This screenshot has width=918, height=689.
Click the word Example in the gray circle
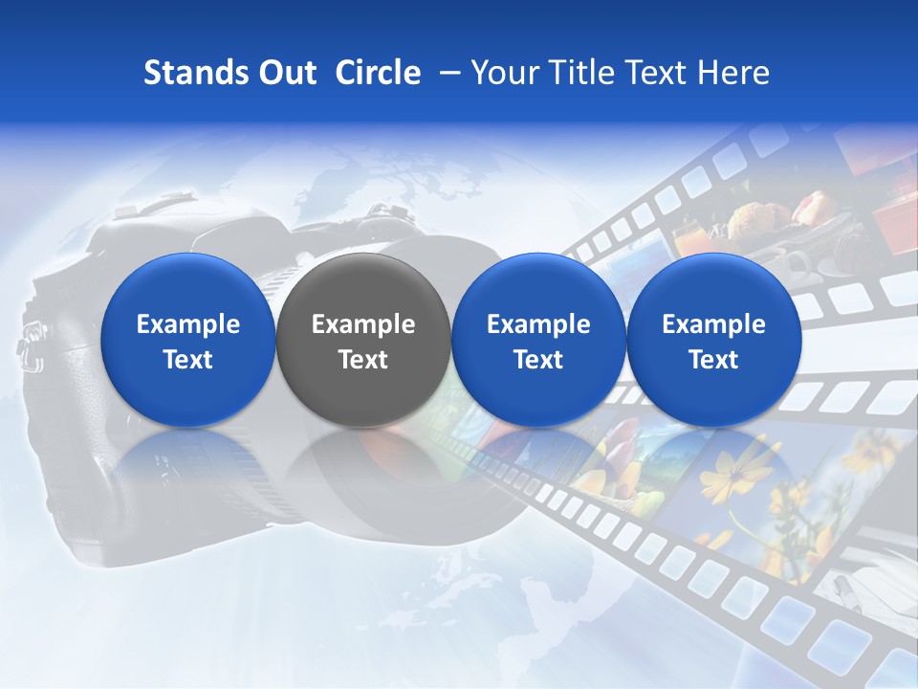point(363,324)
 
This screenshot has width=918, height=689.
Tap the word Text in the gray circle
point(363,360)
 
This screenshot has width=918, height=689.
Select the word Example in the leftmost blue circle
point(188,324)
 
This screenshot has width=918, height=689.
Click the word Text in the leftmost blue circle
point(188,360)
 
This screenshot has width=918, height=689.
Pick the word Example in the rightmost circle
point(713,324)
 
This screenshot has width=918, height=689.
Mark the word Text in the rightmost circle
point(713,360)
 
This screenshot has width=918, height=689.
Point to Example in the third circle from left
point(538,324)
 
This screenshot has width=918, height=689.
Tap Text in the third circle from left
point(538,360)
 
